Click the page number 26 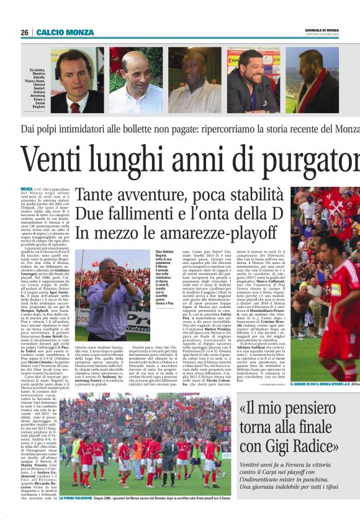[24, 32]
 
